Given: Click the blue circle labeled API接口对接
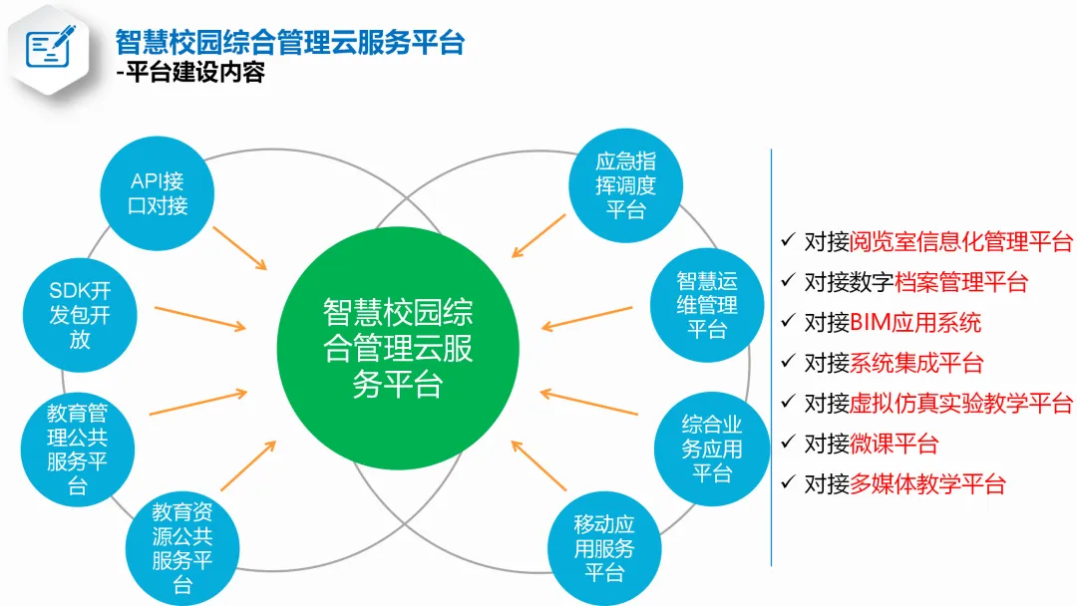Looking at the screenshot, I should pyautogui.click(x=158, y=193).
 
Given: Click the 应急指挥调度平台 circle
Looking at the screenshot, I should pyautogui.click(x=625, y=185).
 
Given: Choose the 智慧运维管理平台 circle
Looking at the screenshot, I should pyautogui.click(x=707, y=304).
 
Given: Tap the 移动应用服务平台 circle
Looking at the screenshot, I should pyautogui.click(x=604, y=548).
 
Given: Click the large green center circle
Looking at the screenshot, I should pyautogui.click(x=397, y=347).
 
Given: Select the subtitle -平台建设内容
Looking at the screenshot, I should pyautogui.click(x=189, y=73).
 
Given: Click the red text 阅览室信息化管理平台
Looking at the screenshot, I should pyautogui.click(x=961, y=242).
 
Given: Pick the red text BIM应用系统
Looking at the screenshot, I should pyautogui.click(x=915, y=323).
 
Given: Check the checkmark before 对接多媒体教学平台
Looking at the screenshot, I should pyautogui.click(x=788, y=483).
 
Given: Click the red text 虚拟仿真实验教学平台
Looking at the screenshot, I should pyautogui.click(x=961, y=404).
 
